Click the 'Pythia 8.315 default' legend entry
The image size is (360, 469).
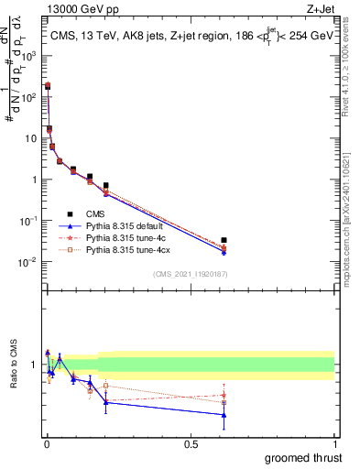pos(127,225)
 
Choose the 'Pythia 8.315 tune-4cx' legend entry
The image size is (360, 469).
pos(129,249)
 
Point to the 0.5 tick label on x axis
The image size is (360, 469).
pos(191,444)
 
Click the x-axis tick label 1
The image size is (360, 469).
pos(335,444)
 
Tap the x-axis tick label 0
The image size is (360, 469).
pos(47,444)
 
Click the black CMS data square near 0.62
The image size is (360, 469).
pos(224,240)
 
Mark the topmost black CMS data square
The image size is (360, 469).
pos(48,86)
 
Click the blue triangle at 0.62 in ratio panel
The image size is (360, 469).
pos(224,415)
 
